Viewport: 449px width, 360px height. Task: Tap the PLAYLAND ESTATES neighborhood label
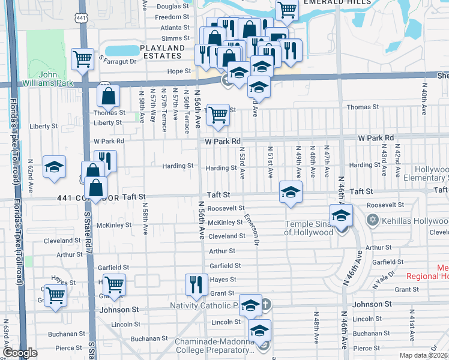tap(162, 52)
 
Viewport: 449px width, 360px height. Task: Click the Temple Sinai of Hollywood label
tap(309, 229)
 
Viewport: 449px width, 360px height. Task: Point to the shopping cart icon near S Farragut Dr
tap(82, 59)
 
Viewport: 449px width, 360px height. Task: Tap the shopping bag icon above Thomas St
tap(108, 95)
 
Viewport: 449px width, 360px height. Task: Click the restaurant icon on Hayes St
tap(196, 284)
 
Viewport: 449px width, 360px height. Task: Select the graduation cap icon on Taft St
tap(291, 192)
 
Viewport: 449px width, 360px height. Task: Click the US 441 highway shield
tap(82, 17)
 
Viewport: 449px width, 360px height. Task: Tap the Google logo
tap(20, 353)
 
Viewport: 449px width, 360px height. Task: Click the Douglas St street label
tap(173, 7)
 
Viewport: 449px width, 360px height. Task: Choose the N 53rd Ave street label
tap(242, 164)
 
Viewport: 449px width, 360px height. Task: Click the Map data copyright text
tap(424, 355)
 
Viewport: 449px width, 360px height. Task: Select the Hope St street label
tap(179, 71)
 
